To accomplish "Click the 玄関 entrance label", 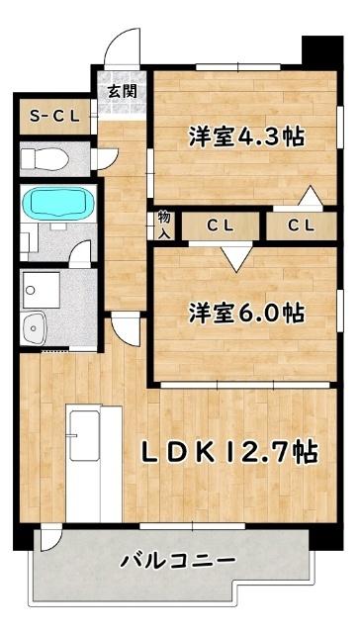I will pos(123,92).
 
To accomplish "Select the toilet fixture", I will pos(45,158).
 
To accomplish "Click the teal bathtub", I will pos(57,205).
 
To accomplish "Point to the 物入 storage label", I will pos(163,225).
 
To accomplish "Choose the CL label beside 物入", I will pos(220,226).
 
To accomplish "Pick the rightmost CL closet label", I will pos(301,226).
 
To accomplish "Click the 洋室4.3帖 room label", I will pos(245,136).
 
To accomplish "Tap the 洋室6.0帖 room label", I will pos(247,313).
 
